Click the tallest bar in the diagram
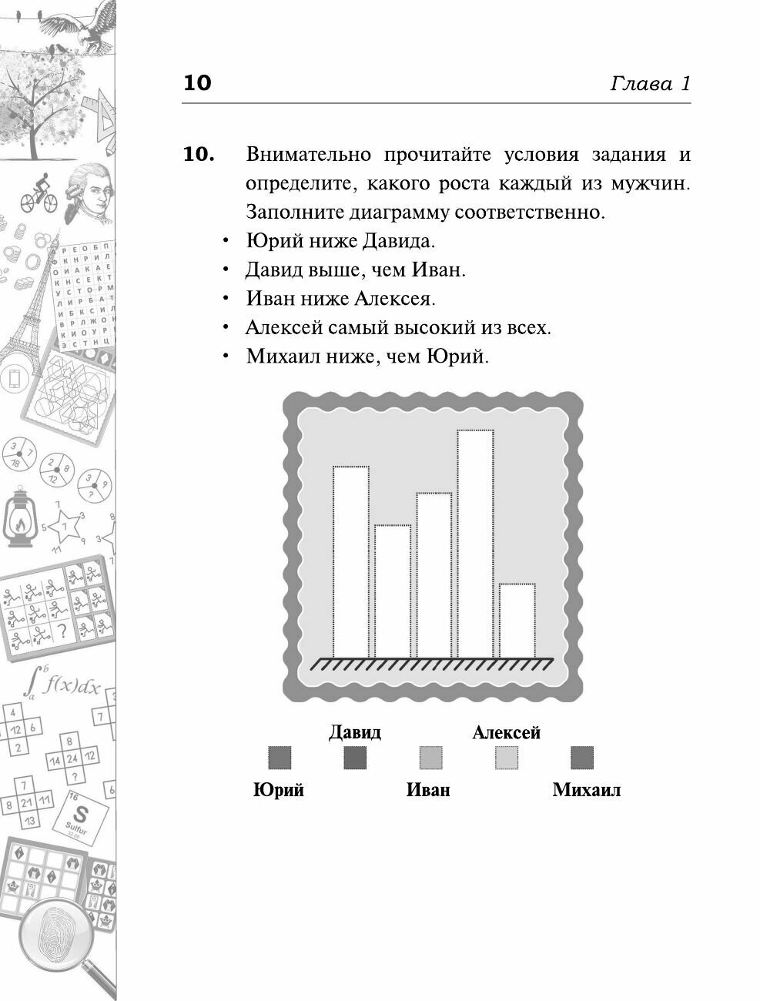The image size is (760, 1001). (x=475, y=543)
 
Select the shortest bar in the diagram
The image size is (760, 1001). (x=517, y=620)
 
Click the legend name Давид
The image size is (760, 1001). (x=354, y=731)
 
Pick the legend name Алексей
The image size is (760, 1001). (x=506, y=731)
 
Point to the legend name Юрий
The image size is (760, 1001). (x=278, y=789)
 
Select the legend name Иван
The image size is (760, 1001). (x=428, y=789)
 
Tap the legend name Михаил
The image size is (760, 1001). (x=586, y=789)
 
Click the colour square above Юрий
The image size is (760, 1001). (x=279, y=758)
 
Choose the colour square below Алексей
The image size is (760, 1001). (x=506, y=758)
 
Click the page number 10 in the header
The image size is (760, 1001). (x=197, y=83)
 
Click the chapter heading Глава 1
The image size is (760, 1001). (x=650, y=83)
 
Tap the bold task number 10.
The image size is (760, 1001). (x=198, y=155)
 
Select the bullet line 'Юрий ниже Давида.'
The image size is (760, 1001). (x=340, y=241)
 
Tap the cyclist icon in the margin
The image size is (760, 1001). (x=36, y=189)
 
